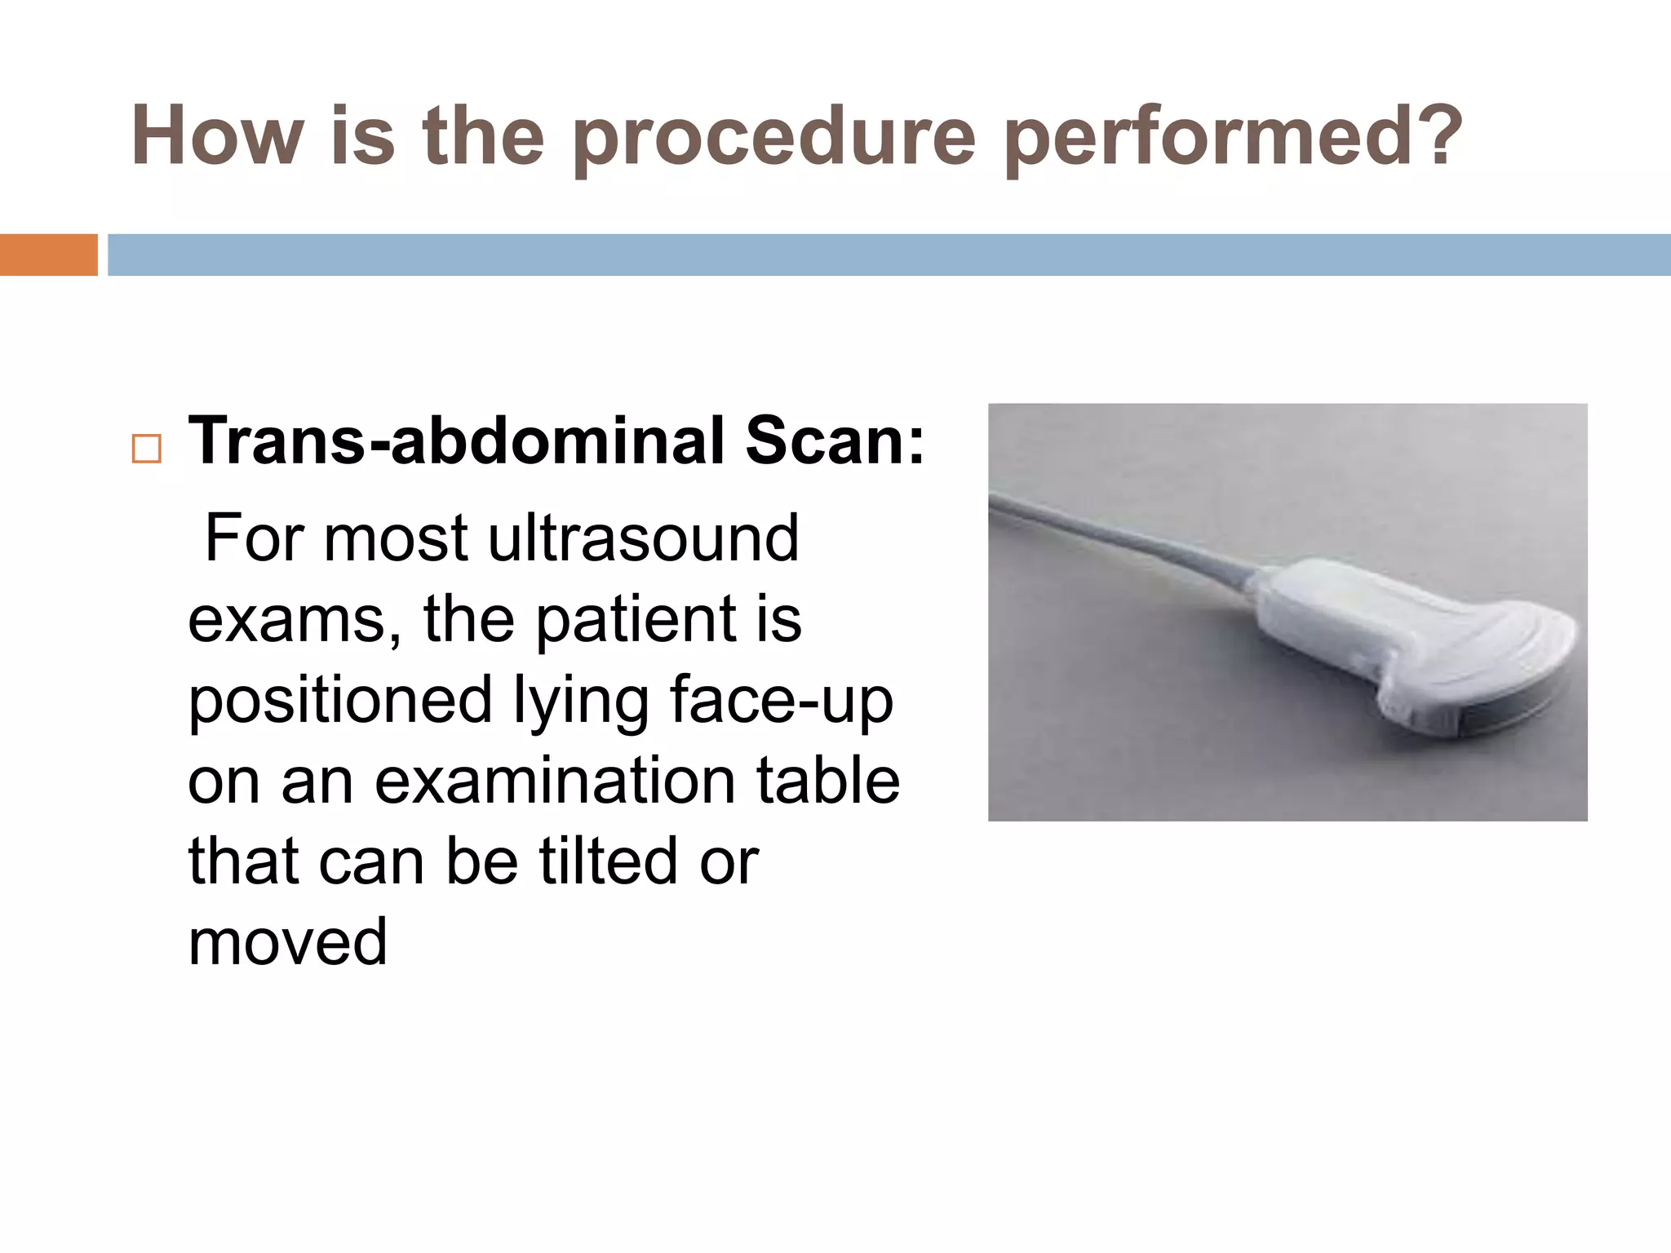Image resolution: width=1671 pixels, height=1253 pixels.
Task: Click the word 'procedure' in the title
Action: [x=773, y=137]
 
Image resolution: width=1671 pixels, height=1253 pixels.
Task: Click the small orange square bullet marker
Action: [x=147, y=449]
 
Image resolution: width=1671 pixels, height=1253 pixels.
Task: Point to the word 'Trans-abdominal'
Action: [x=456, y=441]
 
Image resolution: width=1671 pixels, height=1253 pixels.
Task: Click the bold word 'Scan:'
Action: [x=835, y=441]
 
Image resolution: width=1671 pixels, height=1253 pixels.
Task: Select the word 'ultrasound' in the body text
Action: [x=643, y=538]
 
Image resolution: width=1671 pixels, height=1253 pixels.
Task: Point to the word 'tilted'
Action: [x=609, y=861]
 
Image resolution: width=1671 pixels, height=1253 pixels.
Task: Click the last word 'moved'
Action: [x=287, y=942]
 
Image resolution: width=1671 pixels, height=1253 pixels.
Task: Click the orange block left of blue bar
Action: [x=48, y=255]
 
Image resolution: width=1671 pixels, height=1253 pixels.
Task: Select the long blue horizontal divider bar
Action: [x=889, y=255]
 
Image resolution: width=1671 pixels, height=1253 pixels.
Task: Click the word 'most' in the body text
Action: [x=396, y=538]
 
